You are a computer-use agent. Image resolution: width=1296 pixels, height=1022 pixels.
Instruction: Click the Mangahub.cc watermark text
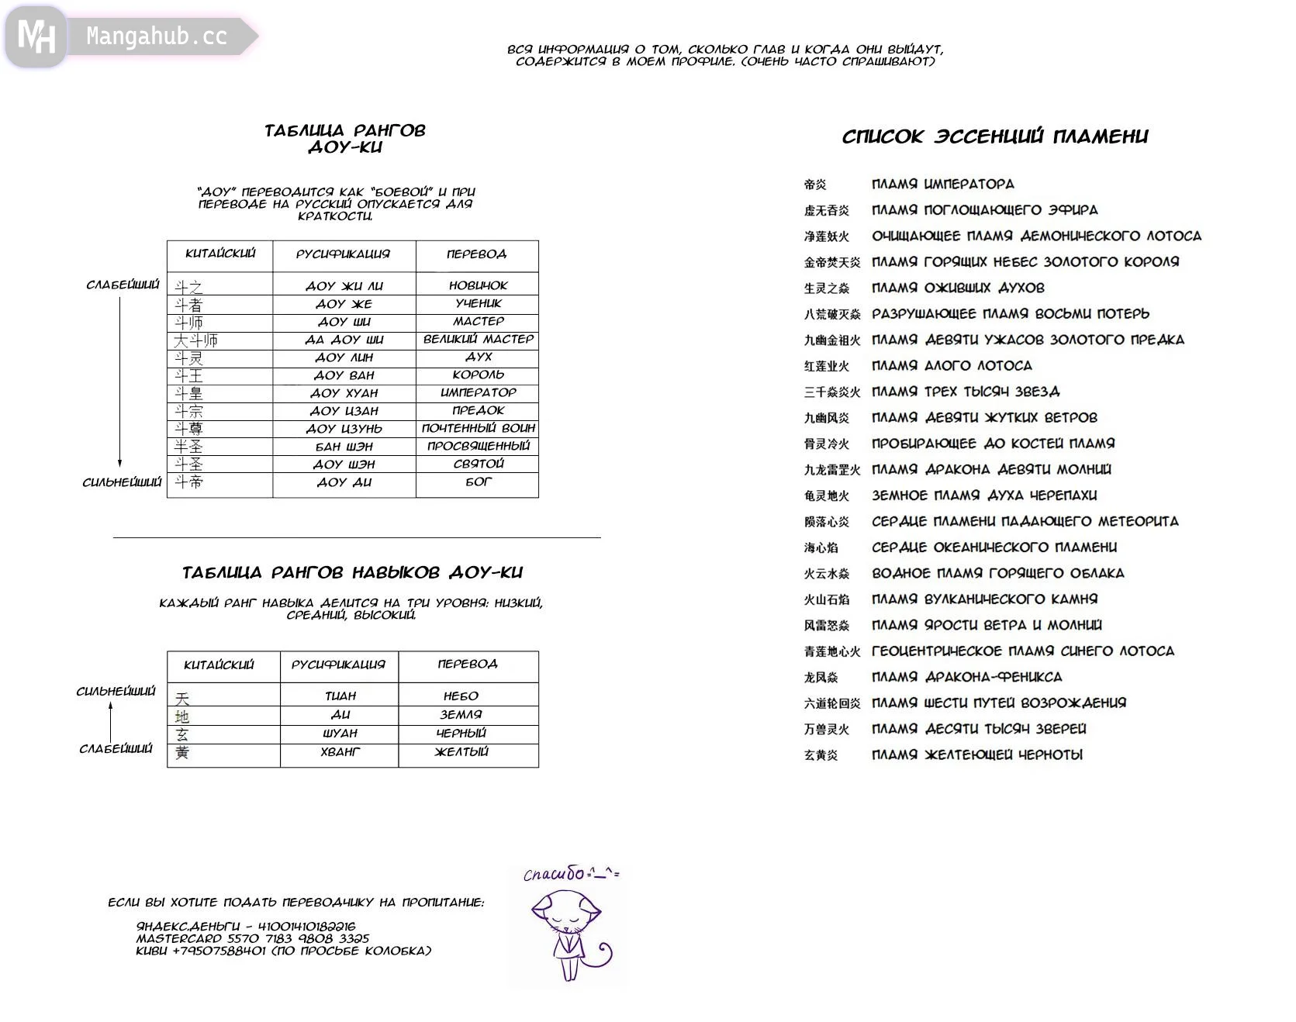click(156, 36)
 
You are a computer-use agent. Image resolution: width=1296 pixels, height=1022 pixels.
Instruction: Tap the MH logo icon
click(36, 36)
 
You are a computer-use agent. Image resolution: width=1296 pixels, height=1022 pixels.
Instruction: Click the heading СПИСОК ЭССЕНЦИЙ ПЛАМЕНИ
click(995, 137)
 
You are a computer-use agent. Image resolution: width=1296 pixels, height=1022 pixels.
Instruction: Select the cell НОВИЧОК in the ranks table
click(478, 285)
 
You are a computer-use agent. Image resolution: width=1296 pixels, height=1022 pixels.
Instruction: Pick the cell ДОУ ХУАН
click(344, 393)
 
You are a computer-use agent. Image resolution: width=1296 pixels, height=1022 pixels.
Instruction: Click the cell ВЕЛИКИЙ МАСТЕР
click(478, 339)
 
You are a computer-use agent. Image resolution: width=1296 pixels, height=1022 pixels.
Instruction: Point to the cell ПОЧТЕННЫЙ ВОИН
click(478, 428)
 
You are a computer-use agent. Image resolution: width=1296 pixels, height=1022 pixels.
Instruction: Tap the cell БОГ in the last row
click(478, 482)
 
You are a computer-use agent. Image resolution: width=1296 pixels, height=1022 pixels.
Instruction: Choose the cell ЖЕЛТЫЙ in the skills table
click(461, 751)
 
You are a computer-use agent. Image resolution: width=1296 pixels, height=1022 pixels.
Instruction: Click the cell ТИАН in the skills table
click(340, 696)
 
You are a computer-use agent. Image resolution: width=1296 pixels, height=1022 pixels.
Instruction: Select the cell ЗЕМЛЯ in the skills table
click(461, 715)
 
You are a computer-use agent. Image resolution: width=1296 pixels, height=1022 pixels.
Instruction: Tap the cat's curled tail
click(600, 955)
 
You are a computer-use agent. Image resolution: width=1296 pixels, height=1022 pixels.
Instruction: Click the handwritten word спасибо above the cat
click(554, 875)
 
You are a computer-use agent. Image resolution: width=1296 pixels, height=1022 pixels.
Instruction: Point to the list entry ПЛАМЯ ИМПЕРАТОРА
click(942, 185)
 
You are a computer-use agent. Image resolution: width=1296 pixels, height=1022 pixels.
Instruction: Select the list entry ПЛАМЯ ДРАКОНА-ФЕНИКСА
click(966, 677)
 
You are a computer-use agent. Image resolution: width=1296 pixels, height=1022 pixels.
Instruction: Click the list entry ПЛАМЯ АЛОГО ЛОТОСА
click(952, 366)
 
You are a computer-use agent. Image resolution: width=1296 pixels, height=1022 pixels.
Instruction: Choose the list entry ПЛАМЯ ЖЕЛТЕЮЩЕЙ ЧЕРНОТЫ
click(976, 755)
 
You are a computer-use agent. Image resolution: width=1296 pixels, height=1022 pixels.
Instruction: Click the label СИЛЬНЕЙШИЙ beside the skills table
click(116, 692)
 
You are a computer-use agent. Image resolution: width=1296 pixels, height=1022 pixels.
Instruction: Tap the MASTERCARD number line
click(253, 938)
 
